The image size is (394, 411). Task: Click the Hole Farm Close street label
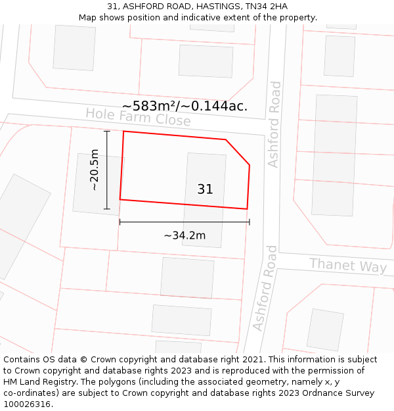138,117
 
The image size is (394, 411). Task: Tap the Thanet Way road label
348,265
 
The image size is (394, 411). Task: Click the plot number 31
205,189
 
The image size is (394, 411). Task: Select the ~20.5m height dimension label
95,170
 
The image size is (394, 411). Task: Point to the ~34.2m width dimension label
185,235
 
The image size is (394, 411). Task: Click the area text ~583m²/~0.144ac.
185,106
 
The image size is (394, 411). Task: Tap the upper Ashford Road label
274,124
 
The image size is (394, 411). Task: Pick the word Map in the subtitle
88,17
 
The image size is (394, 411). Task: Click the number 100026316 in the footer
27,404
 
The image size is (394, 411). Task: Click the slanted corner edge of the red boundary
238,152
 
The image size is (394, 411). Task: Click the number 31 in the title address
111,6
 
